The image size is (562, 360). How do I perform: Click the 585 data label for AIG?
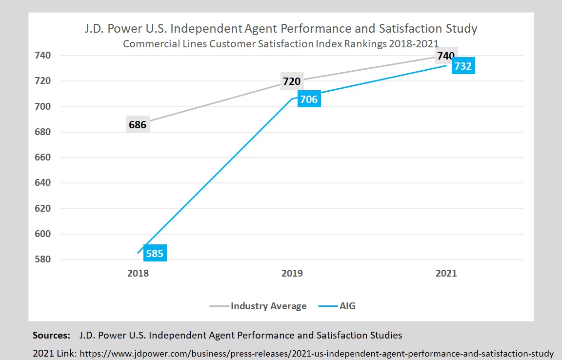pos(154,253)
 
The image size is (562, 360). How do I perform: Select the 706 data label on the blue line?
pos(308,100)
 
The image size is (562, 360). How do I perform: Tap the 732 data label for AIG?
pos(462,66)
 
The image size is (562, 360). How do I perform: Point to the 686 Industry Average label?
pos(138,125)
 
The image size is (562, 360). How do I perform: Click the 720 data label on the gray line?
pos(292,81)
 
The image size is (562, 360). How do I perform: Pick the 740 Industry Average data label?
pos(446,56)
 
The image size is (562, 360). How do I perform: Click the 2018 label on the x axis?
pos(138,273)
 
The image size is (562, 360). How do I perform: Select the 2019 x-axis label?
pos(292,273)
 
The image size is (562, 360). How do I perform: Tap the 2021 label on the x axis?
pos(446,273)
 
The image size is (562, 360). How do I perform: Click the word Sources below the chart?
pos(52,336)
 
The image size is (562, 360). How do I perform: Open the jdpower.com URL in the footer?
pos(317,353)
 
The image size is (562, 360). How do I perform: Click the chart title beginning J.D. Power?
pos(281,28)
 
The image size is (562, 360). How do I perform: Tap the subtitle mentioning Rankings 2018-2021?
pos(281,44)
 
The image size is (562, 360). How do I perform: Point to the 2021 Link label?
pos(54,353)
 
